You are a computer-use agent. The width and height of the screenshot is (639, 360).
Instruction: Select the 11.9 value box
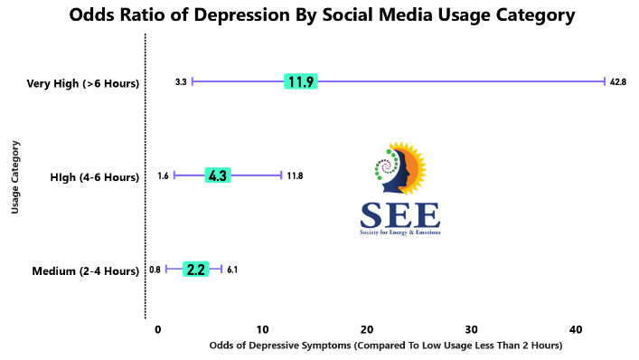300,82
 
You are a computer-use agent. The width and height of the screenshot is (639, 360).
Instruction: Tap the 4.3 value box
217,176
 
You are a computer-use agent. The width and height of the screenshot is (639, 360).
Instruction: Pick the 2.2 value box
196,270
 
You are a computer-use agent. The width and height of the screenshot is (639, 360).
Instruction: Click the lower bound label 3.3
181,82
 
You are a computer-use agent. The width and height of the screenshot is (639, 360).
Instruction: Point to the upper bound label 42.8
618,82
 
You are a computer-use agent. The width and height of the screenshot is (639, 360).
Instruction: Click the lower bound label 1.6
163,176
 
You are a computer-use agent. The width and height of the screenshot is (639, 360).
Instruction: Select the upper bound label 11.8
295,176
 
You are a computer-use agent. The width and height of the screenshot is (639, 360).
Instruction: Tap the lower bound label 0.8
155,270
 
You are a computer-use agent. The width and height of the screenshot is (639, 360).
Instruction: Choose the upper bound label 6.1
232,270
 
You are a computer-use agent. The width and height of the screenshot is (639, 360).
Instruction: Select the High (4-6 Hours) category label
94,177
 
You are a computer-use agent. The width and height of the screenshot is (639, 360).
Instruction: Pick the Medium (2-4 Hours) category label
85,270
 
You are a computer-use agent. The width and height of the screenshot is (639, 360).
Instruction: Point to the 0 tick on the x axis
157,327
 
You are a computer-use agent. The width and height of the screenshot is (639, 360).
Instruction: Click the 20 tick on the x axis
366,327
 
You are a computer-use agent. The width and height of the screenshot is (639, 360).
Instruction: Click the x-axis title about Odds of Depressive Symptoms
386,346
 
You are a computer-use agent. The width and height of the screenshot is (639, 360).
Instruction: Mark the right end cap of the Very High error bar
605,82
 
